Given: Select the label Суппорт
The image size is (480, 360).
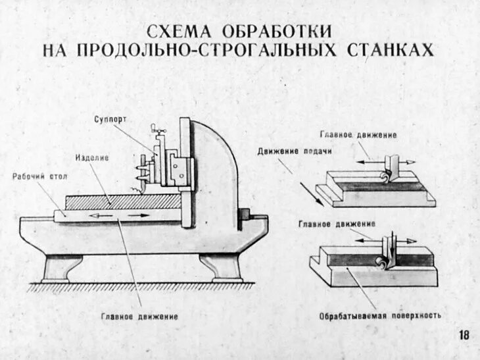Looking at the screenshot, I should click(110, 119).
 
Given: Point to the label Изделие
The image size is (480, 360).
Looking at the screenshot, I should click(91, 159).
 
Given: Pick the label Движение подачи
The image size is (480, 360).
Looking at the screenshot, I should click(294, 151).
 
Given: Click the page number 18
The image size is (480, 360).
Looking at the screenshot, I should click(464, 335).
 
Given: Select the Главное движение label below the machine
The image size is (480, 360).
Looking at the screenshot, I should click(139, 317).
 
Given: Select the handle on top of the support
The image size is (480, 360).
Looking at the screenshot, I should click(156, 128).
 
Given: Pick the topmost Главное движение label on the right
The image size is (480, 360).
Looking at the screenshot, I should click(358, 135).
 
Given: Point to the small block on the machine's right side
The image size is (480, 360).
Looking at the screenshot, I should click(244, 215).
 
